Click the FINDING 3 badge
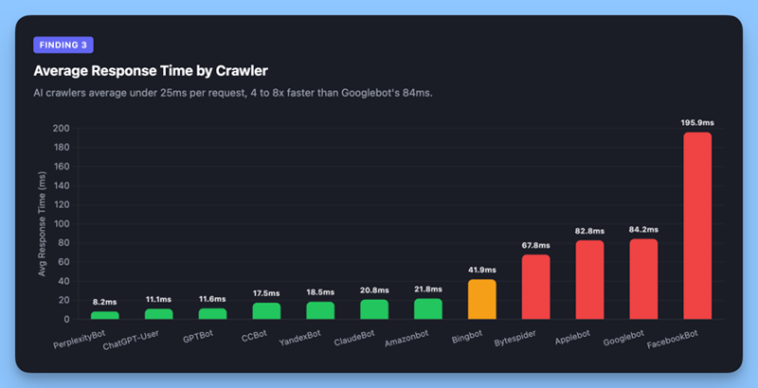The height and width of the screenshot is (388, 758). pos(63,45)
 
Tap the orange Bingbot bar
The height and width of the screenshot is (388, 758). pos(481,299)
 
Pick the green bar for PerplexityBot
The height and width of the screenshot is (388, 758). pos(104,315)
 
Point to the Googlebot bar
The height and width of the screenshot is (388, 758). pos(643,279)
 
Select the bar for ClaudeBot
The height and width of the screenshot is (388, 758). pos(374,309)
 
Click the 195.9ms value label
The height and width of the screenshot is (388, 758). pos(696,122)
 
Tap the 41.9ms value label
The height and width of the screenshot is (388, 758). pos(481,269)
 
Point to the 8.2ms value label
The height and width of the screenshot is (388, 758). pos(104,302)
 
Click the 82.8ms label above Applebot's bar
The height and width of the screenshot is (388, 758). pos(589,231)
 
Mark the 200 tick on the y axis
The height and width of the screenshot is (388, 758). pos(61,128)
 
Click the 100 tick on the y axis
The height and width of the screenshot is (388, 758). pos(61,224)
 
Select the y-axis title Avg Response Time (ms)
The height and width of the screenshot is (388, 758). pos(42,224)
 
